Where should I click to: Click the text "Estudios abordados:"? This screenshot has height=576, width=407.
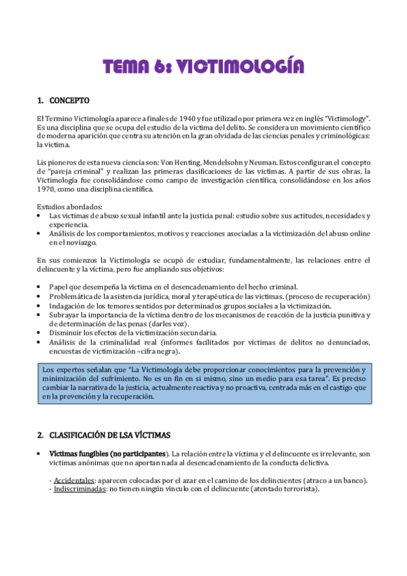click(70, 206)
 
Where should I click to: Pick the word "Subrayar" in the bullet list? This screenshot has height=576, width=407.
click(66, 314)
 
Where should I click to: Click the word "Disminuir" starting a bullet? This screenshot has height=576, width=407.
click(67, 333)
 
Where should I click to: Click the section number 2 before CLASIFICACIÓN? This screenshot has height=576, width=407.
click(39, 434)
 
